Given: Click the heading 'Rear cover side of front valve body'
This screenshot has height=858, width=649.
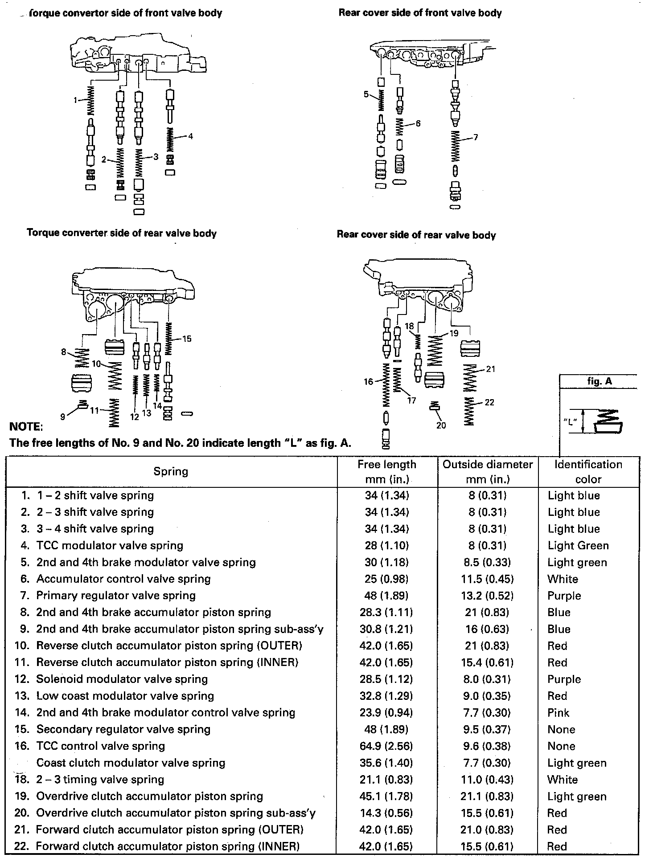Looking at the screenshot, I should click(420, 13).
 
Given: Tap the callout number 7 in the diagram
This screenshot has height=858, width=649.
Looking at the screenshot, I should click(476, 138).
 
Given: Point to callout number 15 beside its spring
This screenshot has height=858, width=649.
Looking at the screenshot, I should click(187, 339).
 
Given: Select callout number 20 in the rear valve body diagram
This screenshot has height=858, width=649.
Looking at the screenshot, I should click(441, 425).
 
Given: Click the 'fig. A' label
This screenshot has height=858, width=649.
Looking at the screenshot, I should click(600, 382).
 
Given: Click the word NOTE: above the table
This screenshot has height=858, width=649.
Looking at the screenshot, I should click(26, 427).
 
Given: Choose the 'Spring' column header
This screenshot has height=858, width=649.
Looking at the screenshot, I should click(171, 471).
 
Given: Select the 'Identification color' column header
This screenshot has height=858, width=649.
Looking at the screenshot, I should click(588, 472).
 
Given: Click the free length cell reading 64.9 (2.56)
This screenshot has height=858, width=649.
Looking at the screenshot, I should click(386, 746).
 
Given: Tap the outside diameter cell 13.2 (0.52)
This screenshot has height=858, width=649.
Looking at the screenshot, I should click(487, 596).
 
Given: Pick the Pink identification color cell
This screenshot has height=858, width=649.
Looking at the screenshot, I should click(559, 713).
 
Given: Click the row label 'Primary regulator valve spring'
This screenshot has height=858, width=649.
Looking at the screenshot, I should click(116, 596).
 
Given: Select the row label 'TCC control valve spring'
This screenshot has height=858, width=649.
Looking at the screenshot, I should click(100, 746).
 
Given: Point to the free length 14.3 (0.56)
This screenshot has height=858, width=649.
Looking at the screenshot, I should click(386, 813).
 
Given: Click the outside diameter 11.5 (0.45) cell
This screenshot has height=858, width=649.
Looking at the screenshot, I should click(487, 579).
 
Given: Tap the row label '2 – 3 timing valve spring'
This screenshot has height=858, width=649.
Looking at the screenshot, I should click(100, 780).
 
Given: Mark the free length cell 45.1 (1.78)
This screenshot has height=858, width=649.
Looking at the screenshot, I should click(386, 797).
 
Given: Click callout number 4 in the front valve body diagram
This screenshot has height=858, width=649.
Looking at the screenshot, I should click(191, 136).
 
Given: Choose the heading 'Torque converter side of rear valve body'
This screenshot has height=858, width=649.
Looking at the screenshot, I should click(122, 233).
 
